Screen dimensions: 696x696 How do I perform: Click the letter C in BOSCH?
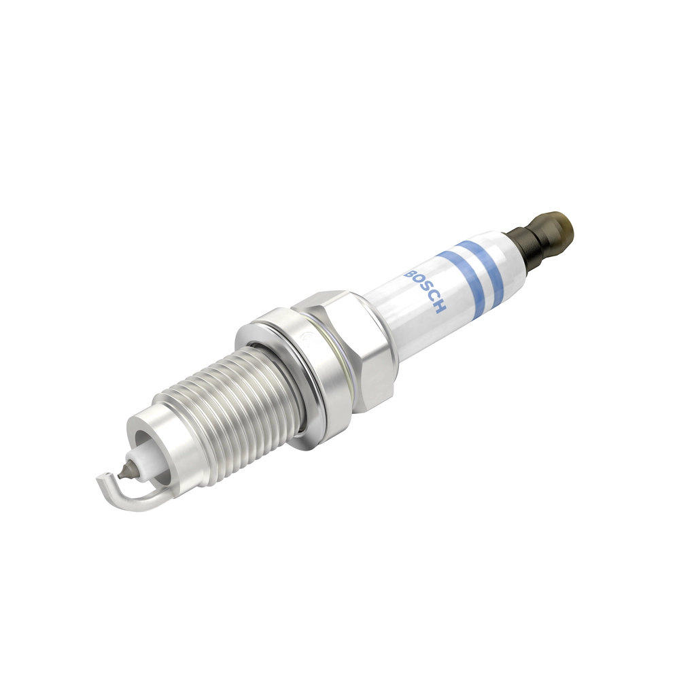coord(433,299)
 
